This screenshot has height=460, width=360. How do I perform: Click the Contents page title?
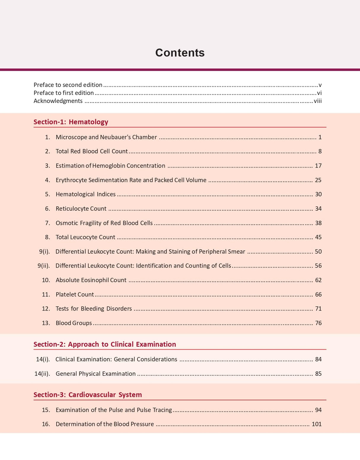point(180,53)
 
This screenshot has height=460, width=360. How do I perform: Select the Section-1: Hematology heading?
point(71,122)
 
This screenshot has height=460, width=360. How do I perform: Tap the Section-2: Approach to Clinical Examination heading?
point(105,344)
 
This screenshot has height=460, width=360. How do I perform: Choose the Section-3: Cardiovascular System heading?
point(87,395)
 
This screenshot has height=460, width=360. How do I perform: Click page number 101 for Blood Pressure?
point(316,424)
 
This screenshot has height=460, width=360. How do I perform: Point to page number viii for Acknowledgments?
point(318,101)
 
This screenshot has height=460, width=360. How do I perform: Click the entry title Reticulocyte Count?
point(81,209)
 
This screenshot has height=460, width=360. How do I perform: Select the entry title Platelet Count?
point(75,295)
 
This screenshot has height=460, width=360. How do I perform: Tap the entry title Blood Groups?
point(74,323)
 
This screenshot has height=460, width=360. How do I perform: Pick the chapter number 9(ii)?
point(44,266)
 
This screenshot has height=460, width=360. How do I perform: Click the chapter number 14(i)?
point(43,359)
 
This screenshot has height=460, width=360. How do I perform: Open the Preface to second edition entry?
point(68,85)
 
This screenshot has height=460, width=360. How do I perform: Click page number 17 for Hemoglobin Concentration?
point(318,166)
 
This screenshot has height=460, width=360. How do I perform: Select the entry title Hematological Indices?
point(86,194)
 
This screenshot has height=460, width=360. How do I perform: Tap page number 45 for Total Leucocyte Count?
point(318,237)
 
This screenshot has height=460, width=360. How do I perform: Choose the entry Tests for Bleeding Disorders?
point(94,309)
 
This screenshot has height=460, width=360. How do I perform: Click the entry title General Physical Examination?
point(95,374)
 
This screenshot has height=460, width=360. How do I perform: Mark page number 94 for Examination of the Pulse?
point(318,410)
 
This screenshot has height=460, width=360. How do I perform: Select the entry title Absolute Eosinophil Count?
point(91,280)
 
